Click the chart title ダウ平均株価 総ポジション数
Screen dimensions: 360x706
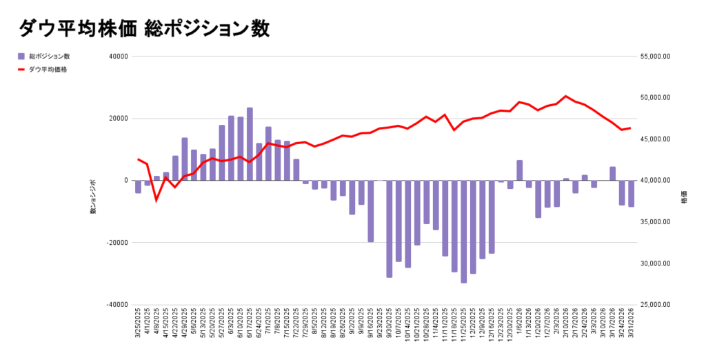144,28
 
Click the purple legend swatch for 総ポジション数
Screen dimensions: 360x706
21,56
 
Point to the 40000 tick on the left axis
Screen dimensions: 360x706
119,57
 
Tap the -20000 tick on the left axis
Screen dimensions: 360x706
118,243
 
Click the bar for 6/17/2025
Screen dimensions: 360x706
250,144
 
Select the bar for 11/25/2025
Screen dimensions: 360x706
464,232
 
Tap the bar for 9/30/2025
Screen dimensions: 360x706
390,229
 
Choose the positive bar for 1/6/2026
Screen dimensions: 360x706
520,170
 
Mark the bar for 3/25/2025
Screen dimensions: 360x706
138,187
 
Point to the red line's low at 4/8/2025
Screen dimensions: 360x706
157,200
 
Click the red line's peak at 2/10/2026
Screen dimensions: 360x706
566,97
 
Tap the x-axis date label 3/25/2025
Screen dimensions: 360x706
138,325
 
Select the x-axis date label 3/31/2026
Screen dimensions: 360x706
631,325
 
